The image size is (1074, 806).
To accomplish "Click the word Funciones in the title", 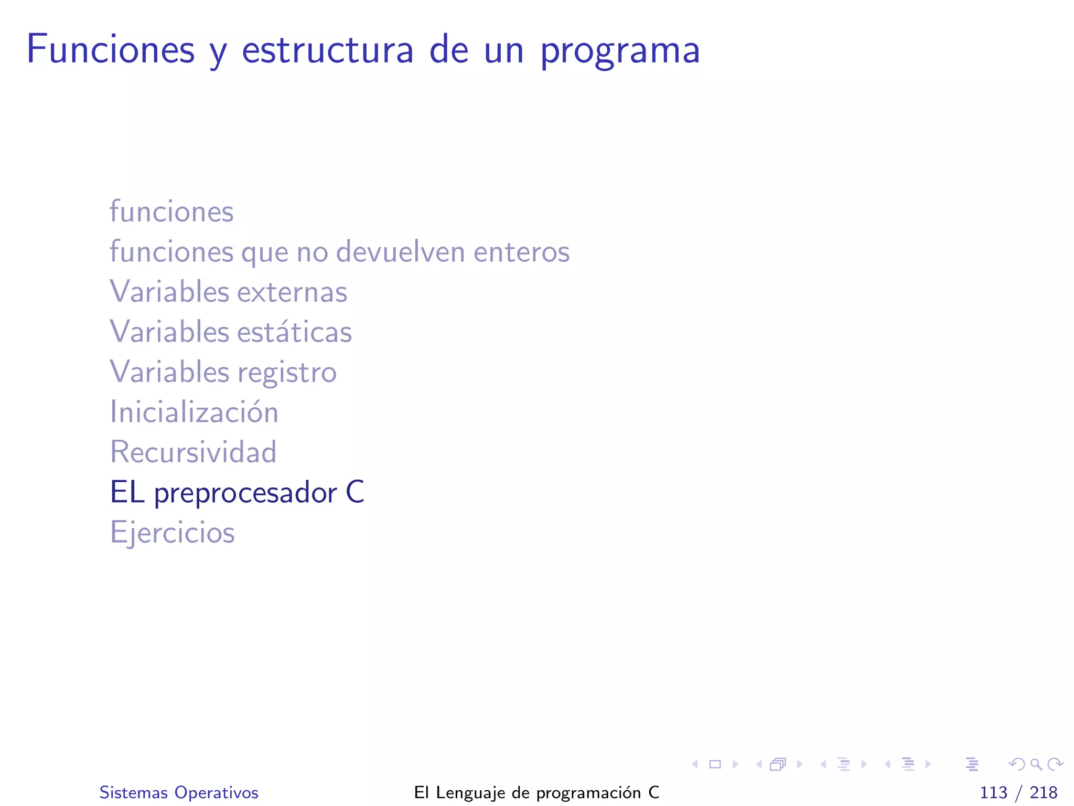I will pyautogui.click(x=111, y=50).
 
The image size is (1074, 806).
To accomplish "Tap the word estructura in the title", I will pyautogui.click(x=327, y=50).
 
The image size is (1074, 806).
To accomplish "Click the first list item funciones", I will pyautogui.click(x=171, y=211).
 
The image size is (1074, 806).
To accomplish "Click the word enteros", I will pyautogui.click(x=521, y=252).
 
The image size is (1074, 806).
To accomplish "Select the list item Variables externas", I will pyautogui.click(x=229, y=292).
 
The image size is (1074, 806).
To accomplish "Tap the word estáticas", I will pyautogui.click(x=294, y=332).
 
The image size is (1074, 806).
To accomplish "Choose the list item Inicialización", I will pyautogui.click(x=194, y=412).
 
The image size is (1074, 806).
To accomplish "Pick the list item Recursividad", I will pyautogui.click(x=193, y=452).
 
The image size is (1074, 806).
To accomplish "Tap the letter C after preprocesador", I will pyautogui.click(x=355, y=492).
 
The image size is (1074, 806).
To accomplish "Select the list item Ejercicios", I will pyautogui.click(x=172, y=533).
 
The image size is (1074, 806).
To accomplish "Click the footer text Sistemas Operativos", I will pyautogui.click(x=179, y=792).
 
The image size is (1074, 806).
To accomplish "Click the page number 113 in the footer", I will pyautogui.click(x=993, y=792).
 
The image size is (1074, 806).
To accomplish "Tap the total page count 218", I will pyautogui.click(x=1043, y=792).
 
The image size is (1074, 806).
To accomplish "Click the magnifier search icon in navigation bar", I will pyautogui.click(x=1036, y=764).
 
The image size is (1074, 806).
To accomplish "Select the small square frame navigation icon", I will pyautogui.click(x=715, y=764).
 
